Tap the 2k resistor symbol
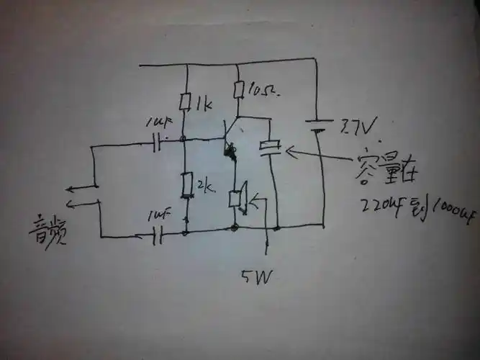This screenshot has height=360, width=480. pos(186,185)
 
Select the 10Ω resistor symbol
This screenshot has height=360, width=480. pos(237,90)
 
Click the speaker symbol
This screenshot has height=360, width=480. pos(237,199)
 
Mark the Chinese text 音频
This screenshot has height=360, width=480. pos(47,229)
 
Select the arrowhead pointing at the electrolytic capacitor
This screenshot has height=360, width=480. pos(289,152)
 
